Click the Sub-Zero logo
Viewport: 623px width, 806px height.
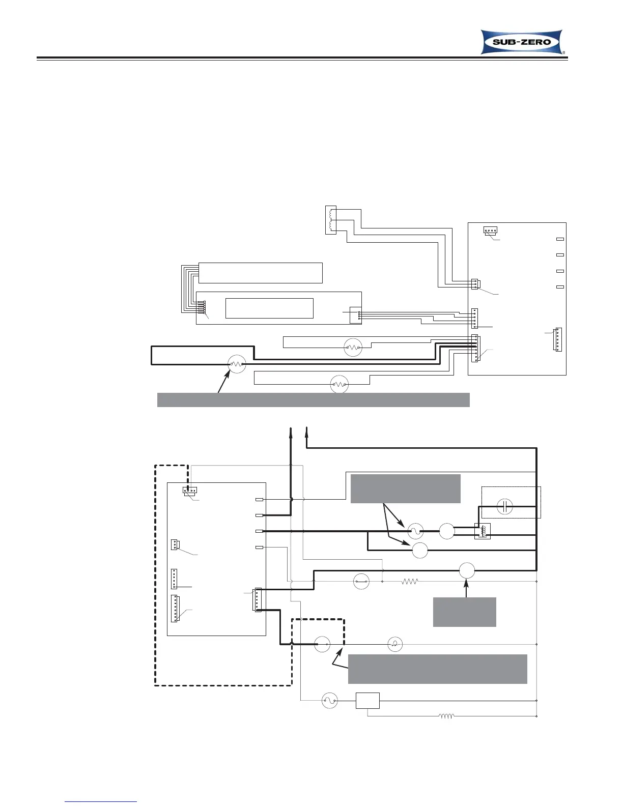[x=522, y=42]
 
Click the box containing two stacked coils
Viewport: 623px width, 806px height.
[x=331, y=220]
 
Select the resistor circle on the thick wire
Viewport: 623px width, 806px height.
[x=236, y=364]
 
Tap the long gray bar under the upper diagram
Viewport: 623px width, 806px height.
[x=313, y=400]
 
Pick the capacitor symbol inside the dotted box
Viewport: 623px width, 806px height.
[x=504, y=507]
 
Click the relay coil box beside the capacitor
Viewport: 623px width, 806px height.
[x=482, y=531]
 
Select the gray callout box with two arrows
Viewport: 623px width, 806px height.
[x=406, y=488]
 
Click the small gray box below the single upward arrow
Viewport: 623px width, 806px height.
[x=464, y=612]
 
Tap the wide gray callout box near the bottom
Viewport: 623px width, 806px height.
[x=437, y=669]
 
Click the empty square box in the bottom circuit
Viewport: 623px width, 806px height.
[x=367, y=701]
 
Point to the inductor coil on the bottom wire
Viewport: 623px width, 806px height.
[x=446, y=716]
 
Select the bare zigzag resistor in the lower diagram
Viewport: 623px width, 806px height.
[x=410, y=581]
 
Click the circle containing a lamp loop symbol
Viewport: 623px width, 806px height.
[x=395, y=644]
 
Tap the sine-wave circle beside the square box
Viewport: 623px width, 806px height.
[x=330, y=701]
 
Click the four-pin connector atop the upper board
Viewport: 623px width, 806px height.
[x=490, y=231]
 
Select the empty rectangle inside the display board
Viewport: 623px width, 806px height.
[x=269, y=308]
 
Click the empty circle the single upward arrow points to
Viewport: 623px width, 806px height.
[x=467, y=571]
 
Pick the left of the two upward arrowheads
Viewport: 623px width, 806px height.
[x=291, y=433]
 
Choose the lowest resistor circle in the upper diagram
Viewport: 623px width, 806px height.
[x=339, y=384]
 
